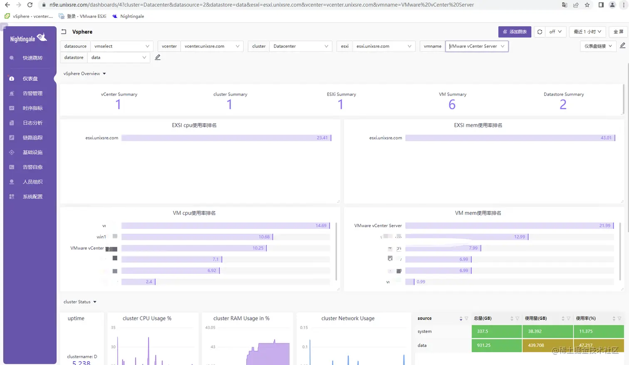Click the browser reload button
click(x=30, y=5)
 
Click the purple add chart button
click(x=515, y=32)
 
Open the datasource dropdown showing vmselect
click(x=121, y=46)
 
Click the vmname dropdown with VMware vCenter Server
click(x=477, y=46)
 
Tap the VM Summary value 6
click(x=452, y=104)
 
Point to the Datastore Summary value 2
click(x=563, y=104)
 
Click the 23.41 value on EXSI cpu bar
click(x=322, y=138)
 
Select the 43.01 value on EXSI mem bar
click(x=606, y=138)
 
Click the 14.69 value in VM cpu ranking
click(x=321, y=226)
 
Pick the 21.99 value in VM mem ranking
click(x=605, y=226)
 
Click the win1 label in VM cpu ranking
click(x=101, y=237)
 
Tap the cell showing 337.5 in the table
click(x=497, y=331)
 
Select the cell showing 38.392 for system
click(x=547, y=331)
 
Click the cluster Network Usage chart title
click(x=348, y=318)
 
